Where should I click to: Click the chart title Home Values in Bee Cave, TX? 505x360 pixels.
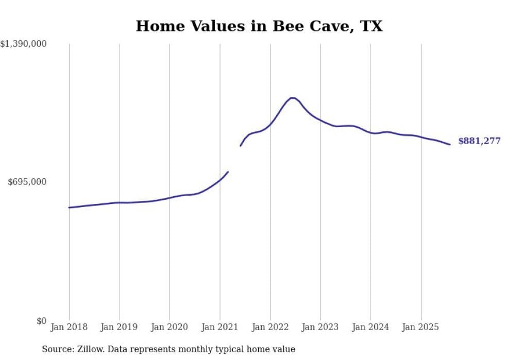259,26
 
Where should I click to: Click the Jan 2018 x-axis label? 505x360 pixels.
69,327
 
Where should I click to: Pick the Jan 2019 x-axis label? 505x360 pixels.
120,327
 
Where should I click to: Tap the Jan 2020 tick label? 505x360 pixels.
170,327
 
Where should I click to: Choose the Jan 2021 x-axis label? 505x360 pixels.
220,327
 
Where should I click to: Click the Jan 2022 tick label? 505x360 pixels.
270,327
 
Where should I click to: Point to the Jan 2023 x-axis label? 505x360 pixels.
320,327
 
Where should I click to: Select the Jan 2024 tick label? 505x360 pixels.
371,327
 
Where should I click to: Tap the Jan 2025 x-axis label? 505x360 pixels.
420,327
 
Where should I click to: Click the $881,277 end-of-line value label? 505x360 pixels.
479,141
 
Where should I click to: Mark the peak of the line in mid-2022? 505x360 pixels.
292,98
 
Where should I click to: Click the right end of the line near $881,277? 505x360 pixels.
450,144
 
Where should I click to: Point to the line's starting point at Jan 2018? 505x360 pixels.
70,208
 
